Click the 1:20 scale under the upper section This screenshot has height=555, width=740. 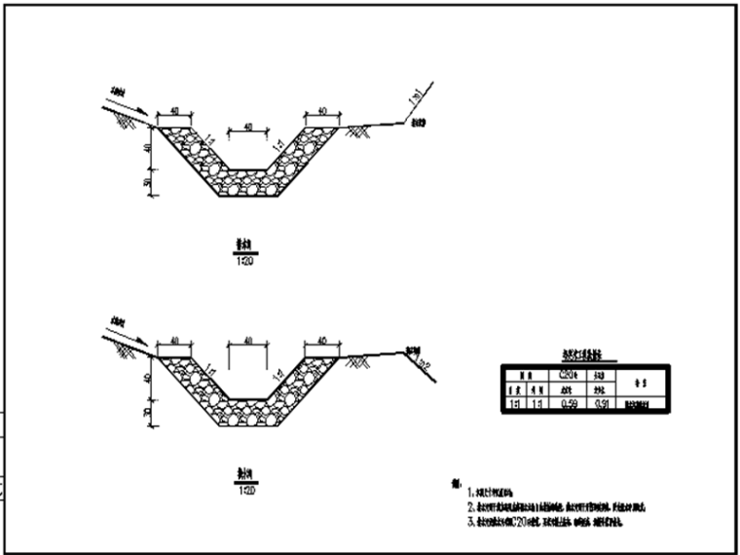(x=243, y=261)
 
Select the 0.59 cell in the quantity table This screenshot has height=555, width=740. (x=574, y=400)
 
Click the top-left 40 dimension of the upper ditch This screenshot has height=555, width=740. (x=173, y=110)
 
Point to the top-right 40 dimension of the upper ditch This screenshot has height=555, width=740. (x=321, y=110)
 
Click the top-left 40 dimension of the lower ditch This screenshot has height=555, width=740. (x=173, y=340)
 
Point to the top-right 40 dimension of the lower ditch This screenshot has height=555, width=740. (x=321, y=340)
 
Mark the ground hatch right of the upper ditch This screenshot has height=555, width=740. (x=362, y=130)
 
